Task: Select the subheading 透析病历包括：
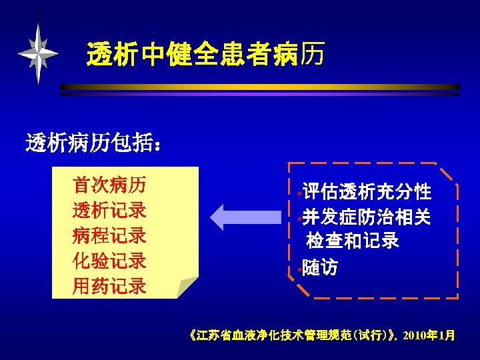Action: point(93,142)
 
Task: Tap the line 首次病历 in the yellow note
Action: point(110,185)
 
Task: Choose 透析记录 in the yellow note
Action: point(110,210)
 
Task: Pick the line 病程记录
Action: point(110,235)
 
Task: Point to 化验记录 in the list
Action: point(110,261)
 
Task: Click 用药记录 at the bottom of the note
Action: point(110,286)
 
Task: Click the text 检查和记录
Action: point(353,241)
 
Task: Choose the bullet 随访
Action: point(320,268)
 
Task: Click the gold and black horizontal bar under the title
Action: point(260,87)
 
